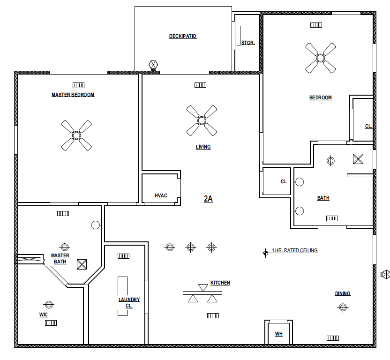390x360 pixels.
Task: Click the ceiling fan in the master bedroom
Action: [x=76, y=135]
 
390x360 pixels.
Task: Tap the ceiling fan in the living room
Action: [x=202, y=120]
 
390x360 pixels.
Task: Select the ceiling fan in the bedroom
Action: [x=320, y=58]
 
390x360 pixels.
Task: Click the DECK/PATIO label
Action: [x=183, y=36]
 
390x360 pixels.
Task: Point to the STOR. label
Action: [x=248, y=43]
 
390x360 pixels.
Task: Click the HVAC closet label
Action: [x=161, y=196]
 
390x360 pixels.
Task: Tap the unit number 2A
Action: [x=209, y=199]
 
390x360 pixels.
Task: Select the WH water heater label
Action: [x=279, y=334]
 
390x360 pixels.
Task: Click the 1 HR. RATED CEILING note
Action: [x=295, y=250]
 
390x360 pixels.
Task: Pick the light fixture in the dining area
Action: [x=343, y=307]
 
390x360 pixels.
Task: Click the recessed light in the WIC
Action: [x=49, y=304]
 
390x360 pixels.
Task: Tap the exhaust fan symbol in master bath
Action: [x=82, y=264]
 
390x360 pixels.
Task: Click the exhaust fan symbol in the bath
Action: [x=358, y=159]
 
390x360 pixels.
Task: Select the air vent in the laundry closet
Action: [x=123, y=256]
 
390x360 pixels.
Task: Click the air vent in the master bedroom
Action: [x=78, y=85]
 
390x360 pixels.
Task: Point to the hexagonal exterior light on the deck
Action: [x=153, y=65]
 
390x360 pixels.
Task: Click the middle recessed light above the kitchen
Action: [x=190, y=247]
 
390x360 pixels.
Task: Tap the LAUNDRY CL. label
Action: [x=129, y=302]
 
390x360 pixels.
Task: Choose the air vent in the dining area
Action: [x=332, y=338]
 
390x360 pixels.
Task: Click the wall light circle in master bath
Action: [x=96, y=225]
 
